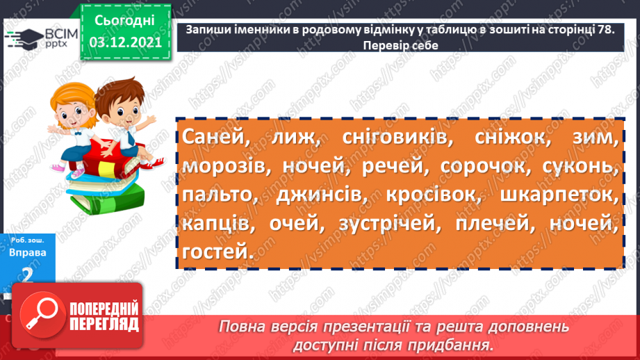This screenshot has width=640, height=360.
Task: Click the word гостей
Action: tap(215, 252)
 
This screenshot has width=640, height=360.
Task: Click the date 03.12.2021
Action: tap(126, 43)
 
